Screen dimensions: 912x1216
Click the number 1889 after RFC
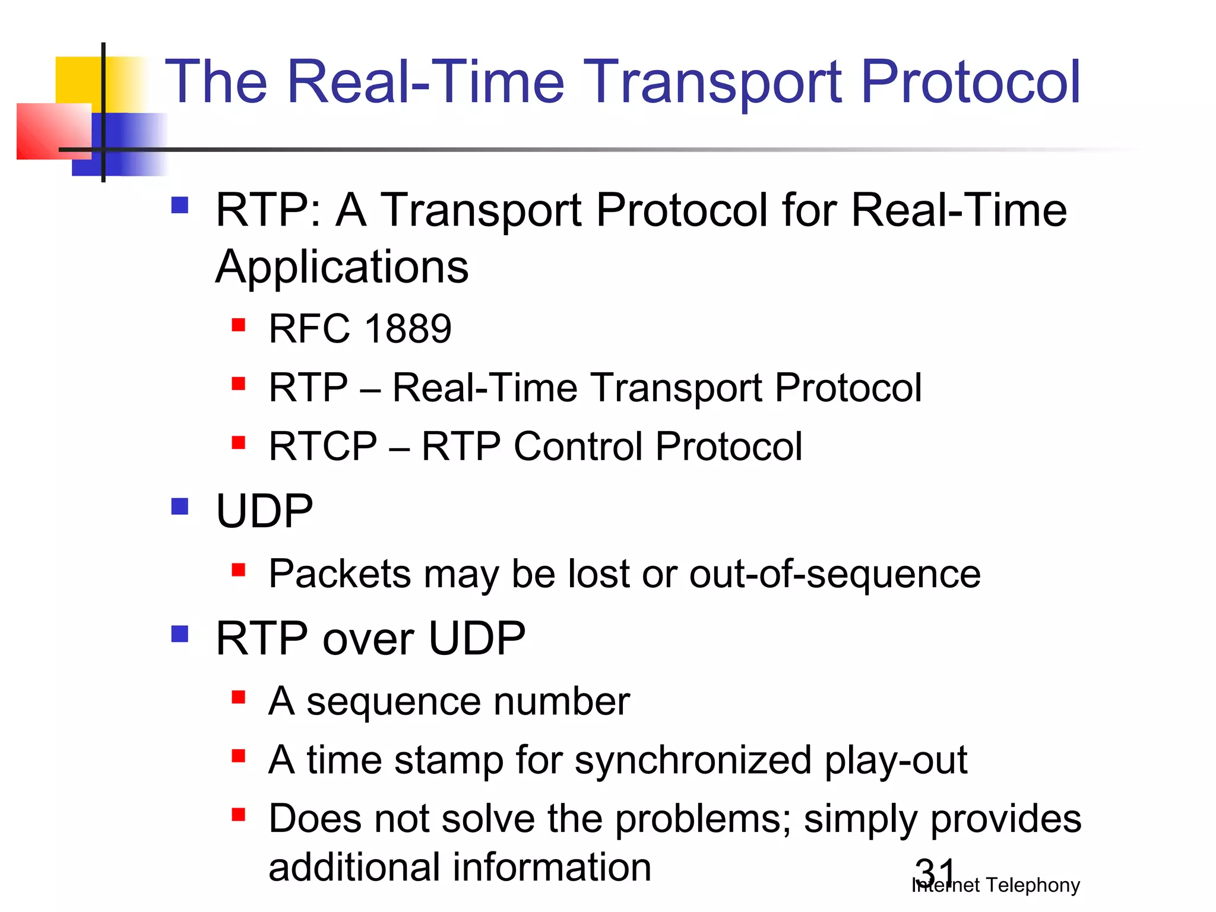coord(408,328)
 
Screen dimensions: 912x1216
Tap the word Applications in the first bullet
coord(342,267)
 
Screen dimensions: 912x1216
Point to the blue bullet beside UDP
coord(179,506)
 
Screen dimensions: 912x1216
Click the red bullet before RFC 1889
coord(239,325)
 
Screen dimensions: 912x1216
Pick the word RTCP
coord(322,446)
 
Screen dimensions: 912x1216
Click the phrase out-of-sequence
coord(834,574)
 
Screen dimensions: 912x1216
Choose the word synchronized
coord(692,761)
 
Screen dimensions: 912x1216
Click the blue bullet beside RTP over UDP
coord(179,634)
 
